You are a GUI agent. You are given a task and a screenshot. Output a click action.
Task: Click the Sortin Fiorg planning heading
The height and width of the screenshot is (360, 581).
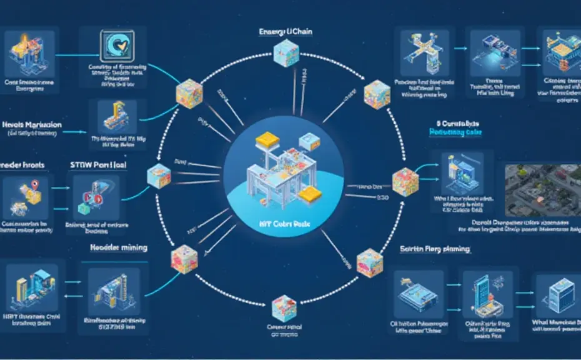pyautogui.click(x=435, y=249)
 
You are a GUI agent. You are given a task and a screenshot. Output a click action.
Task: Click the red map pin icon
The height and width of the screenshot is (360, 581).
pyautogui.click(x=34, y=184)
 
